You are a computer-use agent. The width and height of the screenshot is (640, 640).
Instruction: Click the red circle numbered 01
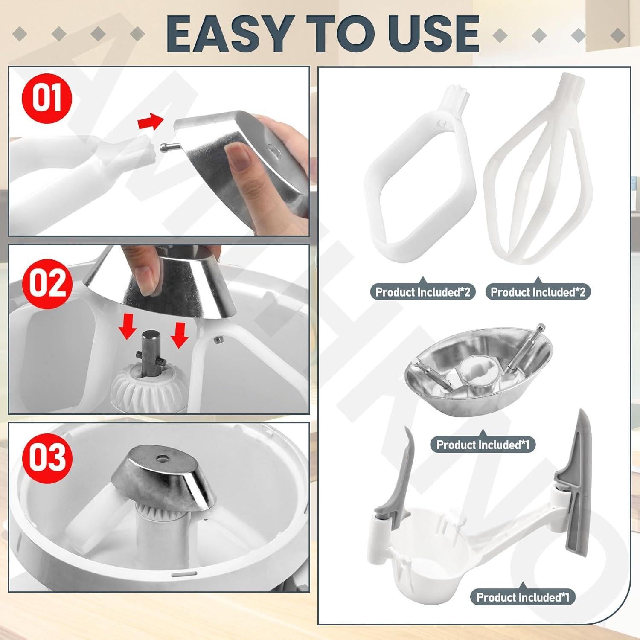[x=47, y=99]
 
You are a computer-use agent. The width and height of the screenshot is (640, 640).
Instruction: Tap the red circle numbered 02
[x=47, y=283]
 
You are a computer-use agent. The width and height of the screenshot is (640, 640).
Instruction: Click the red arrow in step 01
[x=150, y=122]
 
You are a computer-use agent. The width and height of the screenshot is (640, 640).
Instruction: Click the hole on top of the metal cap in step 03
[x=162, y=460]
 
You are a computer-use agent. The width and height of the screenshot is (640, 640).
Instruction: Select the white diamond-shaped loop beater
[x=420, y=179]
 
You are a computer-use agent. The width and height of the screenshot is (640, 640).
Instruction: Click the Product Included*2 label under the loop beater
[x=422, y=292]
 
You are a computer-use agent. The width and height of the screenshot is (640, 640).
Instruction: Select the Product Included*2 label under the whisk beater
[x=538, y=292]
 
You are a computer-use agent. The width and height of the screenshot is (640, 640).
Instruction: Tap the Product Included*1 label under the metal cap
[x=483, y=445]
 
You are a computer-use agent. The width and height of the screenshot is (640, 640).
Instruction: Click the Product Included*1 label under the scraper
[x=523, y=597]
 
